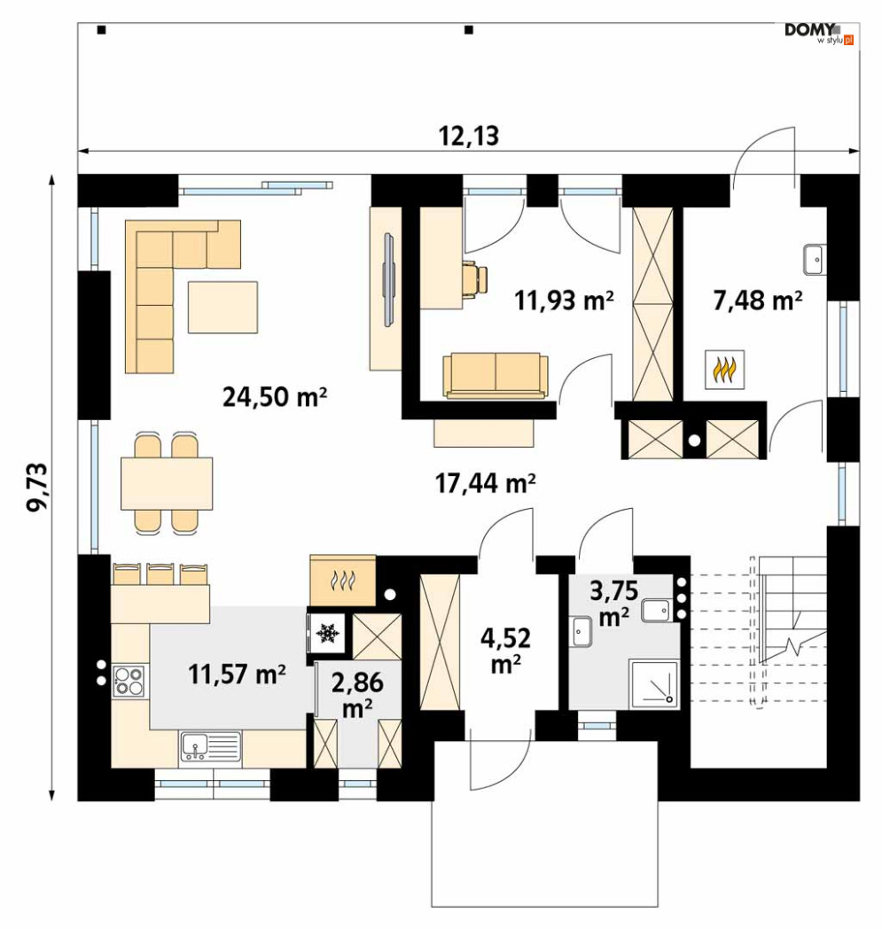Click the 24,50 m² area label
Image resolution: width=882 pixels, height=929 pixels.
(x=275, y=396)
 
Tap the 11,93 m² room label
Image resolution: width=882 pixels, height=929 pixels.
(x=564, y=301)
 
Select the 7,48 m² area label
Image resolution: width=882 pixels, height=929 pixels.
(x=758, y=301)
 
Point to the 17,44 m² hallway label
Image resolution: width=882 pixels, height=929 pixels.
(x=486, y=483)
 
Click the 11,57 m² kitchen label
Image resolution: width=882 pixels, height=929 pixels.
(x=237, y=674)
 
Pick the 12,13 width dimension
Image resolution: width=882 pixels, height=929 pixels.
(x=469, y=137)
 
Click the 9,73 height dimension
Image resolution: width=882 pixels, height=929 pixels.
(x=38, y=487)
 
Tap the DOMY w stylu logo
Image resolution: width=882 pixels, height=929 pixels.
(x=818, y=33)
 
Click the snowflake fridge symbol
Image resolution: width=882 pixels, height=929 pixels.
(x=326, y=633)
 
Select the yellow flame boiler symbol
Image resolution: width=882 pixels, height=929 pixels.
(x=724, y=369)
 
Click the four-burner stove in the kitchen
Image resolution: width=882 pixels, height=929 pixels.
(x=129, y=681)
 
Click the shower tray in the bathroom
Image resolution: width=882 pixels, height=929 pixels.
(x=654, y=684)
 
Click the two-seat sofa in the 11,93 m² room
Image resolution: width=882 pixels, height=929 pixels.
(x=496, y=376)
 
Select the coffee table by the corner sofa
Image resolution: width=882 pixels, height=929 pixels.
(x=222, y=307)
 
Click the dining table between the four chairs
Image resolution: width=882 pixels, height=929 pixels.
(x=167, y=483)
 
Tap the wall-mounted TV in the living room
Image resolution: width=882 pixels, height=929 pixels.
(x=388, y=279)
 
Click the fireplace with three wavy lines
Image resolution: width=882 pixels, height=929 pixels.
(x=343, y=581)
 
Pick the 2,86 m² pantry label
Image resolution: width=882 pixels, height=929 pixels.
(x=357, y=694)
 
